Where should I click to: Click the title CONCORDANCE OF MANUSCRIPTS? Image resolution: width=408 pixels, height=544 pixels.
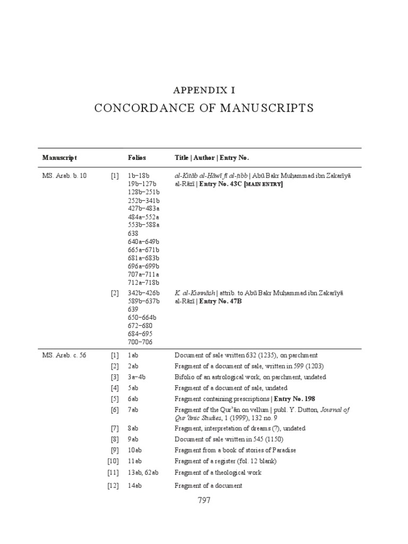[204, 108]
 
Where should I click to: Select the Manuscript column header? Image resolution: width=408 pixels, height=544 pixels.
[59, 158]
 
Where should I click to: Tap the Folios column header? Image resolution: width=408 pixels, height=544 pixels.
[137, 158]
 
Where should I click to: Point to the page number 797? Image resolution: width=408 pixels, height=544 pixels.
[204, 500]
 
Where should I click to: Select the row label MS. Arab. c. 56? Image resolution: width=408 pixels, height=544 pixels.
[64, 355]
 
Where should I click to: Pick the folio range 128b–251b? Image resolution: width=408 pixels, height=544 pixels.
[143, 192]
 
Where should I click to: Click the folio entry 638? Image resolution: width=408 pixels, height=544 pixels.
[133, 233]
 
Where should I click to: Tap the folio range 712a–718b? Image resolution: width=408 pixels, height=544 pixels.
[143, 283]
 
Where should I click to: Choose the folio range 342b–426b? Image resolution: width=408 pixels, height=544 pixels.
[143, 293]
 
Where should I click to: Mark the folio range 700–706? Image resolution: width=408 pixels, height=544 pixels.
[140, 342]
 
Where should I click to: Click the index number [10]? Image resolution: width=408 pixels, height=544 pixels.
[113, 461]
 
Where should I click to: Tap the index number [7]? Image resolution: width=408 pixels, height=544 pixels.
[114, 428]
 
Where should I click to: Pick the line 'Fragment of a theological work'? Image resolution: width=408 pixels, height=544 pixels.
[218, 472]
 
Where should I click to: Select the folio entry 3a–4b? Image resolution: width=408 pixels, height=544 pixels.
[137, 377]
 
